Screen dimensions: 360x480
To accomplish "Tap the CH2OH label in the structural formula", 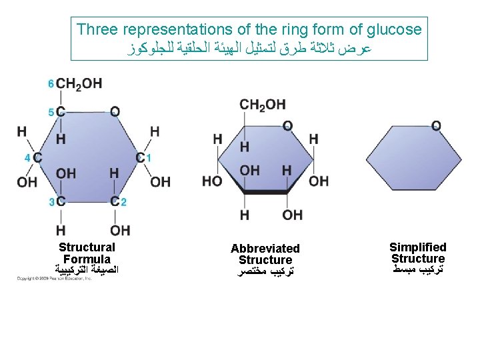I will point(79,84).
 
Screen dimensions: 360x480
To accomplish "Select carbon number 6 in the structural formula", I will point(51,84).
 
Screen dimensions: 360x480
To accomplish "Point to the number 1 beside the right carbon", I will point(149,158).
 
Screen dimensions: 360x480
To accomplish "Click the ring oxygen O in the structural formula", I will point(115,111).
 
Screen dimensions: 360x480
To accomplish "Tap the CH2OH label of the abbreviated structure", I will point(262,104).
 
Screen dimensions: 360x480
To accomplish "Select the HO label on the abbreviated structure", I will point(212,181).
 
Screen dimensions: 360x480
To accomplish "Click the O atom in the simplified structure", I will point(436,126).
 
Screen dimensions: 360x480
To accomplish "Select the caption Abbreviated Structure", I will point(265,254).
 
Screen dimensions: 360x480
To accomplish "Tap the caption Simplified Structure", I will point(418,253).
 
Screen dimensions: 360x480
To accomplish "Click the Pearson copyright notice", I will point(55,278).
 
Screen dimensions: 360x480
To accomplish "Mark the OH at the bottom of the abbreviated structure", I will point(292,215).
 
